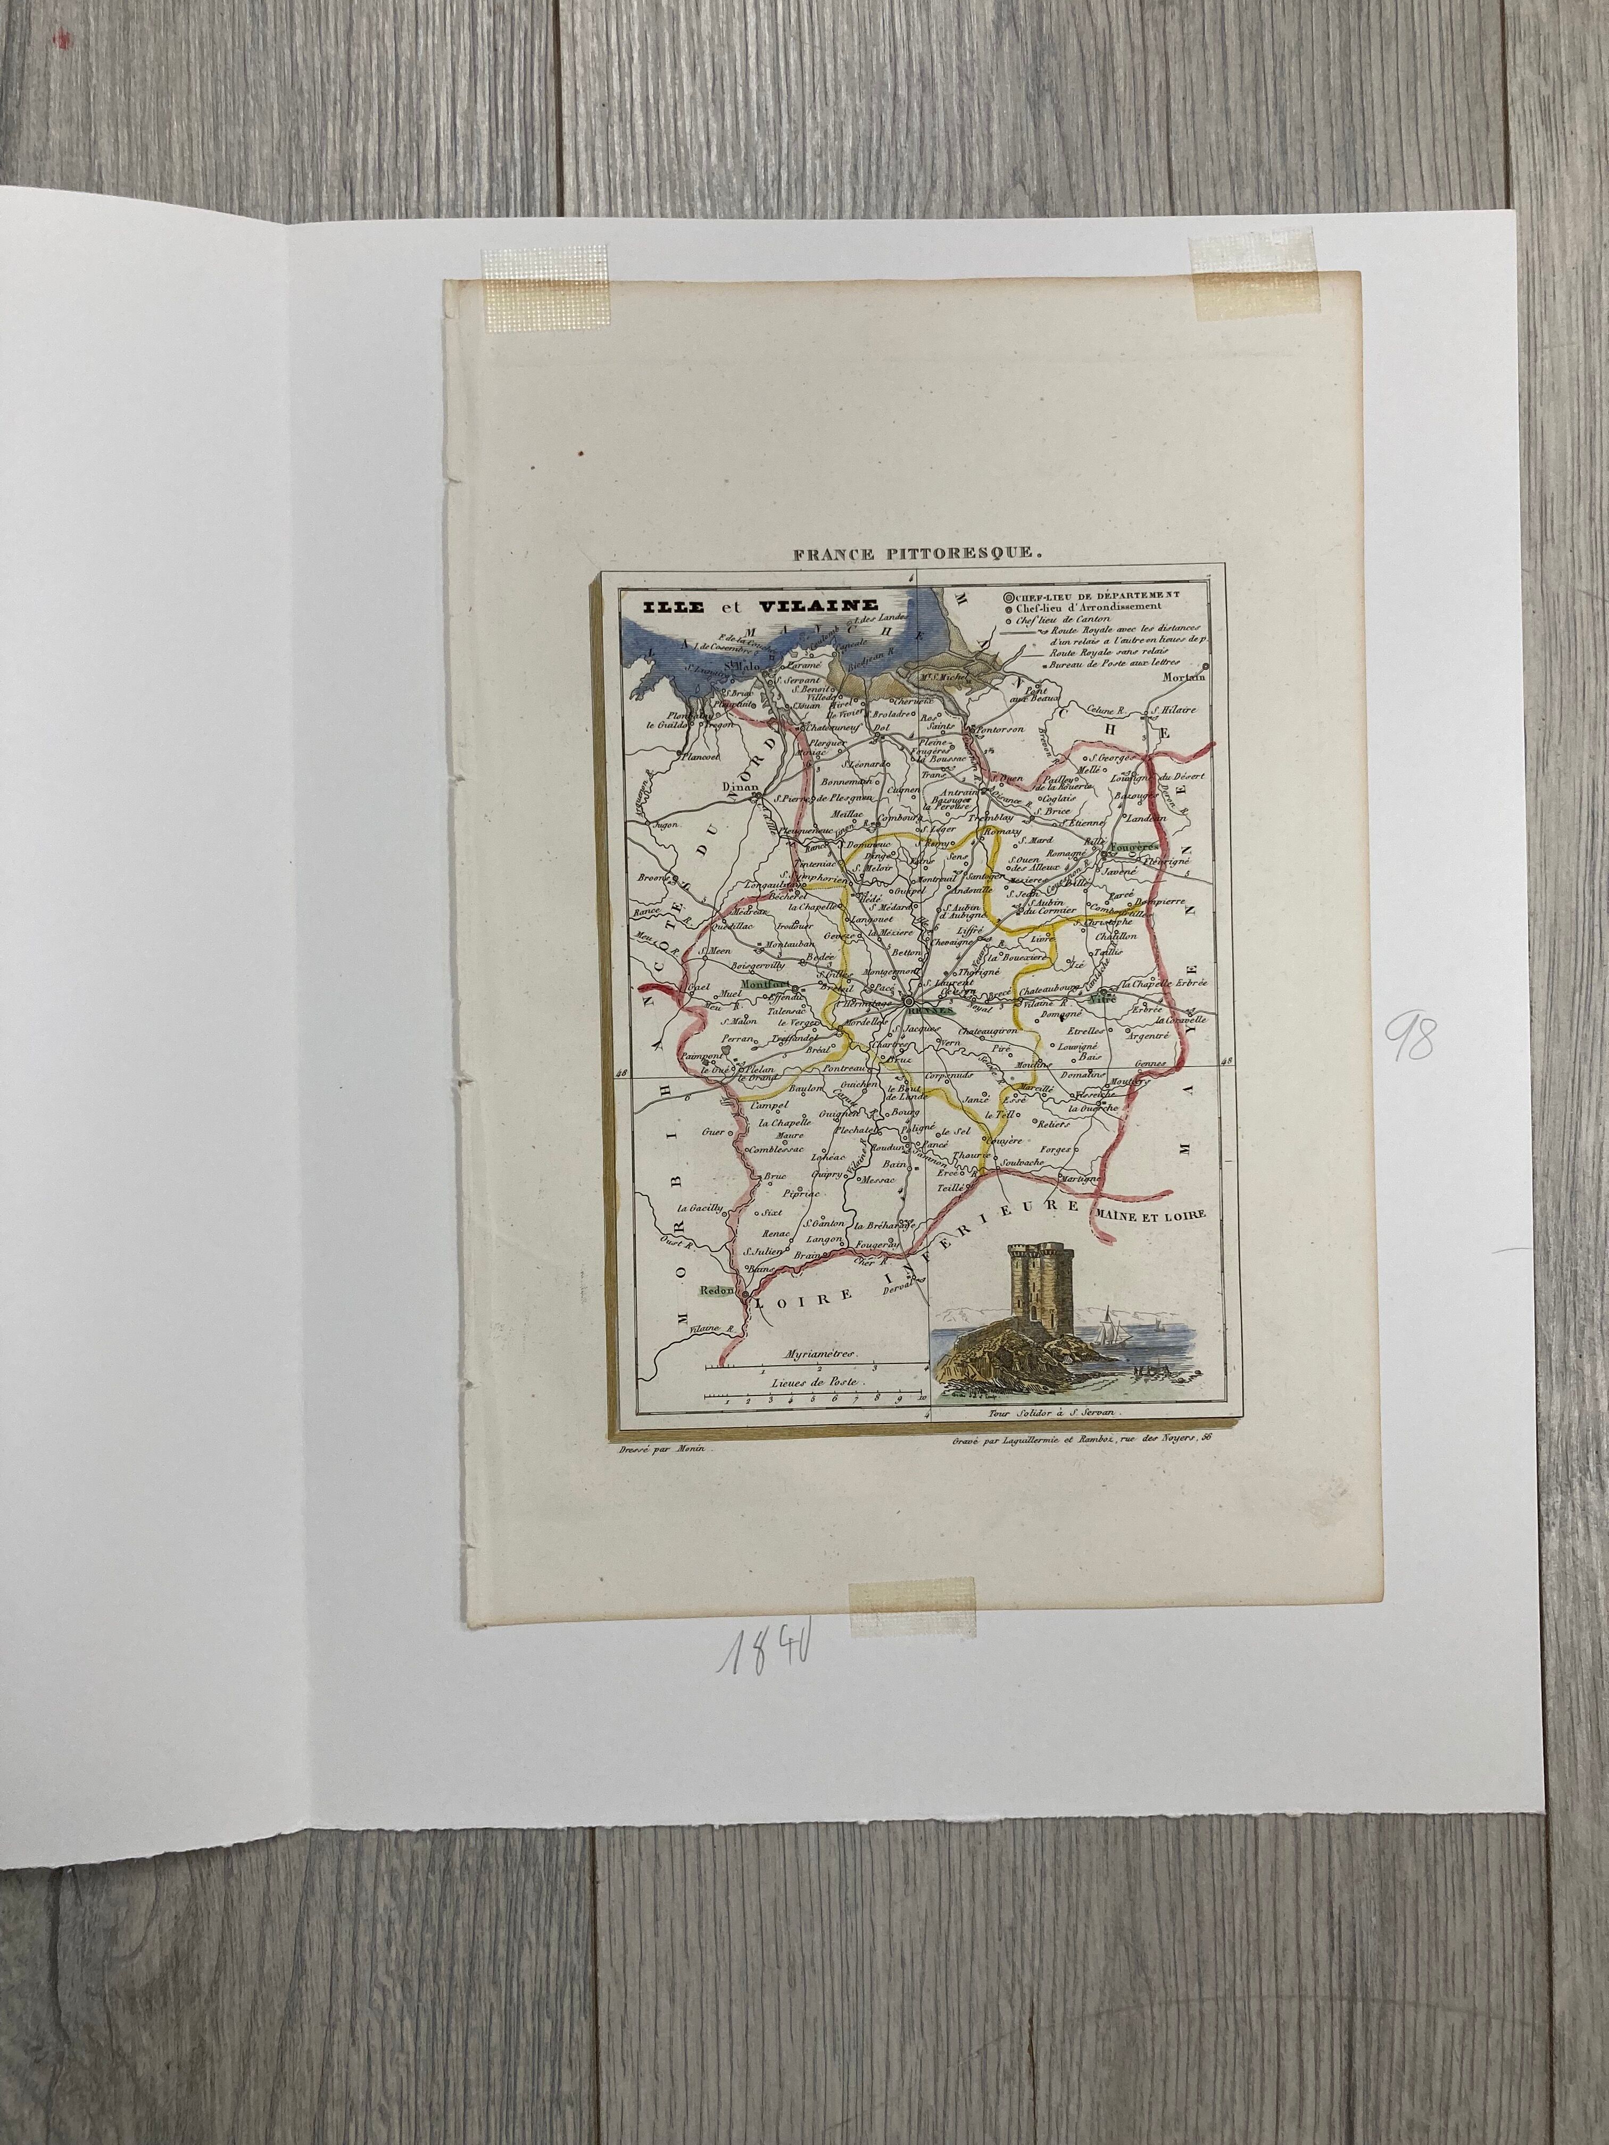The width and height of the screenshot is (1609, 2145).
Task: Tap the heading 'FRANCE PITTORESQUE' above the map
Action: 916,555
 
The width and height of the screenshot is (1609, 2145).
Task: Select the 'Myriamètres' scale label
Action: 812,1353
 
